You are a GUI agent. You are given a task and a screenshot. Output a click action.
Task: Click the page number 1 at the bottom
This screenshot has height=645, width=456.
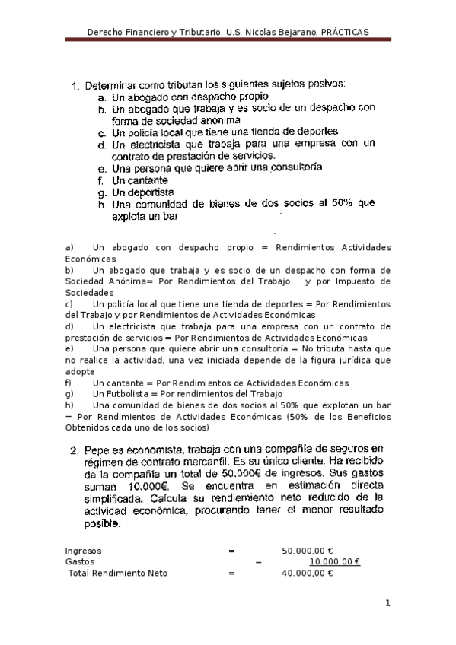tap(387, 603)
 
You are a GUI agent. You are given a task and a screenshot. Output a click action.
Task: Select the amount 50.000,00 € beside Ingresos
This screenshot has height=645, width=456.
tap(308, 550)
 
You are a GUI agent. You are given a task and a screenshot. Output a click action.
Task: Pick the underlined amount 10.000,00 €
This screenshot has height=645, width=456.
tap(335, 561)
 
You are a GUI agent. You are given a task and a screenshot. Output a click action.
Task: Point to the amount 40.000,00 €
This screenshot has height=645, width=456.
tap(308, 573)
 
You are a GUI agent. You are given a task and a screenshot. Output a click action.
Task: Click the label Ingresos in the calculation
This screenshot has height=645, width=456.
tap(84, 550)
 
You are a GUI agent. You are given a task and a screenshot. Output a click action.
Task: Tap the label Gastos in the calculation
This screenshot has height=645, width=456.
tap(81, 561)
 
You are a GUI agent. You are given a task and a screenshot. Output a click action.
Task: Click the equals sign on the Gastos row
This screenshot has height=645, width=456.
tap(259, 561)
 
